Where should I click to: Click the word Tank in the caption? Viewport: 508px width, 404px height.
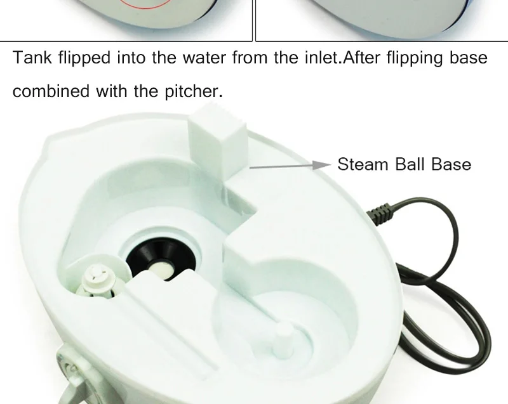(32, 58)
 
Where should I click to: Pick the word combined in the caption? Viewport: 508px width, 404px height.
(51, 91)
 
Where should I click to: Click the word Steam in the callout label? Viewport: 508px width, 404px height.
(363, 164)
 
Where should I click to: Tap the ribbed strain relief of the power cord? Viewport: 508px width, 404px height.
(379, 213)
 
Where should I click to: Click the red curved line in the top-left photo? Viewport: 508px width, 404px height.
(145, 4)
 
